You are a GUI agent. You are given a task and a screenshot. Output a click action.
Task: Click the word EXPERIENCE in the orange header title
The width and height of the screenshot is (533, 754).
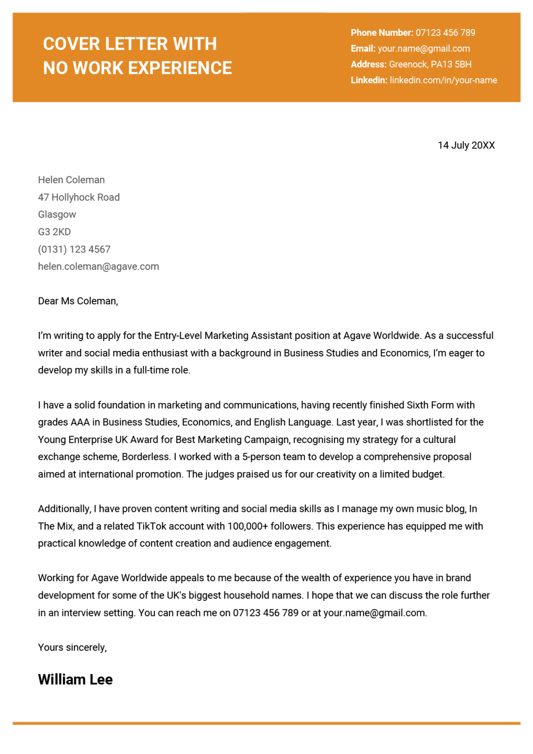pyautogui.click(x=181, y=68)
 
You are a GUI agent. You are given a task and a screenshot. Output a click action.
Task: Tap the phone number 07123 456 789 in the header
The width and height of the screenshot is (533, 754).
pyautogui.click(x=445, y=33)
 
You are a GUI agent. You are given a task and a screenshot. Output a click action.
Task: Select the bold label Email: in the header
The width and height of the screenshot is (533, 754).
pyautogui.click(x=363, y=49)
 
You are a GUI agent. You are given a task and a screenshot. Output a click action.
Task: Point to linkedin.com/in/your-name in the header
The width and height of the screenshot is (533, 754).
pyautogui.click(x=443, y=80)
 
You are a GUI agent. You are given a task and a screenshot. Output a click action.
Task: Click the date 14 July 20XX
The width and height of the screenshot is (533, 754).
pyautogui.click(x=466, y=145)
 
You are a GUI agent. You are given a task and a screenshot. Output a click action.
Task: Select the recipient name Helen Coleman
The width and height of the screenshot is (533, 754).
pyautogui.click(x=71, y=180)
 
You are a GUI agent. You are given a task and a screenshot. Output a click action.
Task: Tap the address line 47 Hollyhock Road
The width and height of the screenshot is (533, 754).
pyautogui.click(x=79, y=197)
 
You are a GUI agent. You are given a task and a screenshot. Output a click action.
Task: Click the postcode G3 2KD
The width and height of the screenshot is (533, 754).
pyautogui.click(x=54, y=232)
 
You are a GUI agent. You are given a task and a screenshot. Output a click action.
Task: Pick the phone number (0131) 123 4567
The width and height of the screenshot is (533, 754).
pyautogui.click(x=74, y=249)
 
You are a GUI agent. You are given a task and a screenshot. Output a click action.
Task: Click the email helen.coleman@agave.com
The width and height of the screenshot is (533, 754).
pyautogui.click(x=98, y=267)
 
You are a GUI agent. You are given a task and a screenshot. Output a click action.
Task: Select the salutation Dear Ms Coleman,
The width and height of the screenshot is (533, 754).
pyautogui.click(x=78, y=301)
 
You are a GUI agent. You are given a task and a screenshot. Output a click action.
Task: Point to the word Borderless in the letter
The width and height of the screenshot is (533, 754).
pyautogui.click(x=145, y=457)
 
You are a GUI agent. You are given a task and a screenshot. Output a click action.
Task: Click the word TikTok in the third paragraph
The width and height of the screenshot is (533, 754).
pyautogui.click(x=151, y=526)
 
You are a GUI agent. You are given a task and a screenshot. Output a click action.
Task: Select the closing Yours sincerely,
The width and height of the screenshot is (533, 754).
pyautogui.click(x=72, y=647)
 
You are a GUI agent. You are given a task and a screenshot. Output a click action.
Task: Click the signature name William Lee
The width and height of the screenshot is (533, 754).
pyautogui.click(x=75, y=679)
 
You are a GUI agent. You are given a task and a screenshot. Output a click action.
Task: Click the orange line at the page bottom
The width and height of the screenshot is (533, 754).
pyautogui.click(x=266, y=723)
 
